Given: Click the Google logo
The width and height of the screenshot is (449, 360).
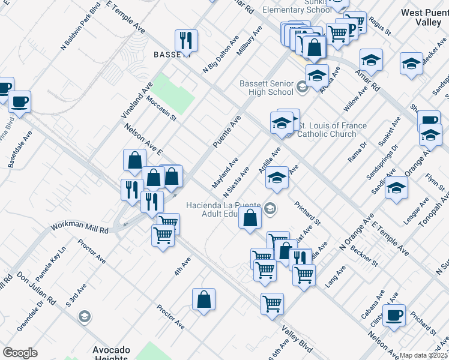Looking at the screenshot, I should [19, 353].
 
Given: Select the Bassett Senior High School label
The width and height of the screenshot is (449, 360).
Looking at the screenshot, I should [267, 88].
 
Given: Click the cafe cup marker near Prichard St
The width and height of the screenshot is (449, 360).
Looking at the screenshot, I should [394, 316].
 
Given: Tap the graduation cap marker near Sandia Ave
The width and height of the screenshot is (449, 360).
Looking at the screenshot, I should [396, 188].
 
